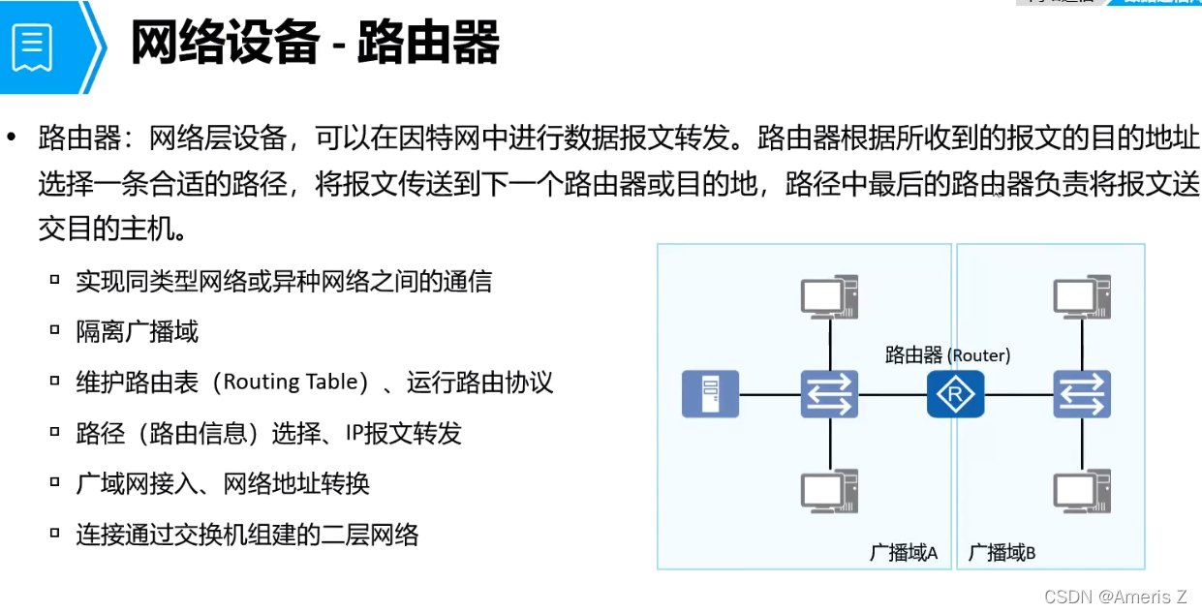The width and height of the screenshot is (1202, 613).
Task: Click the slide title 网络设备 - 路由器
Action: point(315,43)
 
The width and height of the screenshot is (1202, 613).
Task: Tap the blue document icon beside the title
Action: point(33,46)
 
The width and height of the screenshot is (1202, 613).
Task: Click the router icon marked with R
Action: point(955,395)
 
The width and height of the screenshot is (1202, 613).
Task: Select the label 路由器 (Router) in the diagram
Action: point(947,355)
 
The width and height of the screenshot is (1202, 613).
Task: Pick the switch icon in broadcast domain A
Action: point(829,395)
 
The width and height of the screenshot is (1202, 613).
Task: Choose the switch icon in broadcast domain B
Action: point(1082,395)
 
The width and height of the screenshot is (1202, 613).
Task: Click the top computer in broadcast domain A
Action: point(830,296)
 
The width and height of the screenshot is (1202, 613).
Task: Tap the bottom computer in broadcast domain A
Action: point(830,490)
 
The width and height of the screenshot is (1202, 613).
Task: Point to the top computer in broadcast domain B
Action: point(1082,296)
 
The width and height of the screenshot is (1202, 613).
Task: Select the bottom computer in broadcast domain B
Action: point(1082,490)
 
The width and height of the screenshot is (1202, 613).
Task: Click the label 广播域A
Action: point(904,552)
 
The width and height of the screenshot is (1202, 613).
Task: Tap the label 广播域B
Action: point(1002,552)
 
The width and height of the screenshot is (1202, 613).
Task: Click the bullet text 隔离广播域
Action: point(137,332)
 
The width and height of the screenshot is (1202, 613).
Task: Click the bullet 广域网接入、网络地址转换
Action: point(223,483)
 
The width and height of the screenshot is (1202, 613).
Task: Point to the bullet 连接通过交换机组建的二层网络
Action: point(247,534)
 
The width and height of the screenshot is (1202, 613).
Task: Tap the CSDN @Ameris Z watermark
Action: point(1115,597)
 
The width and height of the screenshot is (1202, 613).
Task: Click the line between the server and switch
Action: point(770,395)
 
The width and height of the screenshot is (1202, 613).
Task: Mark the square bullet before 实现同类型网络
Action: point(55,281)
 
